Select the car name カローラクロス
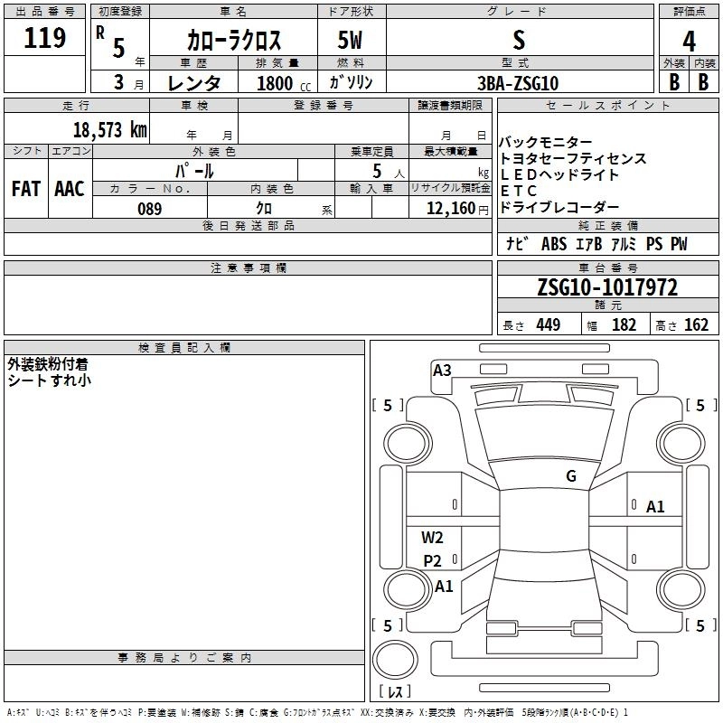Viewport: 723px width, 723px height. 234,40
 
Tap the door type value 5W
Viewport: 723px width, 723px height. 351,40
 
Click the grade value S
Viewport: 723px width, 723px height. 518,40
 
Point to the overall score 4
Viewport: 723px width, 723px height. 690,40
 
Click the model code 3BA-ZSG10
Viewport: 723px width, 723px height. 518,83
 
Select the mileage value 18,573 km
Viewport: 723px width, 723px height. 109,129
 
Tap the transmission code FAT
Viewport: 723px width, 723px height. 25,188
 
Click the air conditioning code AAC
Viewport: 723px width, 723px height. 70,188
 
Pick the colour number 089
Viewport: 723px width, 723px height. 149,209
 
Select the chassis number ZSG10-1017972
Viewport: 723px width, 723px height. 607,287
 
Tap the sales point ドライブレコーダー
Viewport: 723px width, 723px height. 559,207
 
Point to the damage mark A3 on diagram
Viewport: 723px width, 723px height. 442,370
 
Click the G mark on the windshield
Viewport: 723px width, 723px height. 570,476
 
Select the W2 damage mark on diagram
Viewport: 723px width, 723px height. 433,538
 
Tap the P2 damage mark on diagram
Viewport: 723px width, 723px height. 433,560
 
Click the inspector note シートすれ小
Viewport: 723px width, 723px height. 49,380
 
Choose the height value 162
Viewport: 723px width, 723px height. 696,325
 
